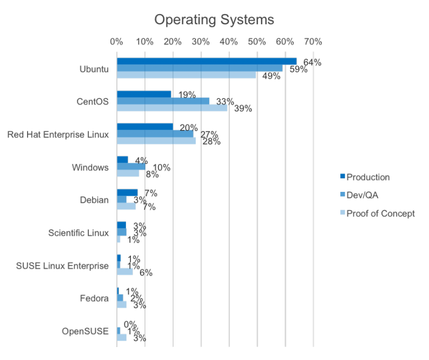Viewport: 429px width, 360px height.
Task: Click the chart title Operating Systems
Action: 214,20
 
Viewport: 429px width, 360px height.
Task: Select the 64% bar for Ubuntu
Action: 206,61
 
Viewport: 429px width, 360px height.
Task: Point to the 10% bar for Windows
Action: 130,166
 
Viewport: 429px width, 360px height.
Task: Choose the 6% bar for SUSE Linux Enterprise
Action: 124,272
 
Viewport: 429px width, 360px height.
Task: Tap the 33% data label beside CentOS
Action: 224,101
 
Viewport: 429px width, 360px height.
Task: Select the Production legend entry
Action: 368,177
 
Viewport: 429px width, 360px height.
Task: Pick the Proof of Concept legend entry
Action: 380,214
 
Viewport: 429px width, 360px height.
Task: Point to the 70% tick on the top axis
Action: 313,41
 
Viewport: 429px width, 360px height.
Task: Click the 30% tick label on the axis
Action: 201,41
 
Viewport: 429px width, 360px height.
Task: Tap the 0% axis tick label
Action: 116,41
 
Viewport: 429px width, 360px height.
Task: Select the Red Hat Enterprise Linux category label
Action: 58,134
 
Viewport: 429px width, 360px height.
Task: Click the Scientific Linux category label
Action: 78,233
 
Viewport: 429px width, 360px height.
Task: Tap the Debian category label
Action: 94,200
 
